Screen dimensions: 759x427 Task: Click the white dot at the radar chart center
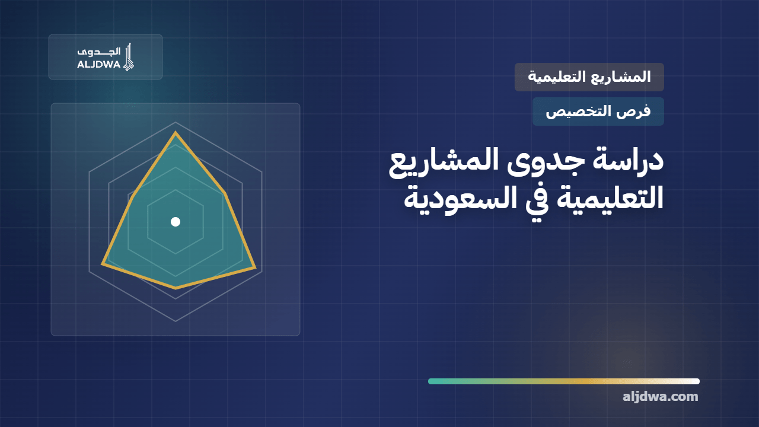[x=176, y=222]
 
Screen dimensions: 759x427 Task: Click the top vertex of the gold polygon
[x=175, y=132]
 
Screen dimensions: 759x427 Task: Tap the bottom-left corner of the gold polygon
[x=103, y=264]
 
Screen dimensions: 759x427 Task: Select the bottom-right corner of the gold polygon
[x=255, y=267]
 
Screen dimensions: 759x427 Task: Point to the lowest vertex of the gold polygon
[x=176, y=288]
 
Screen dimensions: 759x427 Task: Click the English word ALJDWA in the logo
[x=98, y=65]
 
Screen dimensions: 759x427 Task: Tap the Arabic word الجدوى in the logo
[x=98, y=52]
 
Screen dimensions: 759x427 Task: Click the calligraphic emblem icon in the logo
[x=129, y=56]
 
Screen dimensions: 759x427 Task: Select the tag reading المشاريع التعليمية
[x=589, y=77]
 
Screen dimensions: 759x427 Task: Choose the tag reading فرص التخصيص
[x=598, y=111]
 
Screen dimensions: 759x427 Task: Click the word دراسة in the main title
[x=627, y=160]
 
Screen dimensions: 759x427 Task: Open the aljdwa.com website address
[x=661, y=397]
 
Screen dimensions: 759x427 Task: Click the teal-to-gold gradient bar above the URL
[x=564, y=381]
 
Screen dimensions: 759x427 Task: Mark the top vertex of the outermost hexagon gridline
[x=176, y=122]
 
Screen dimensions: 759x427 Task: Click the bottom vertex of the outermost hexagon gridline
[x=176, y=321]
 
